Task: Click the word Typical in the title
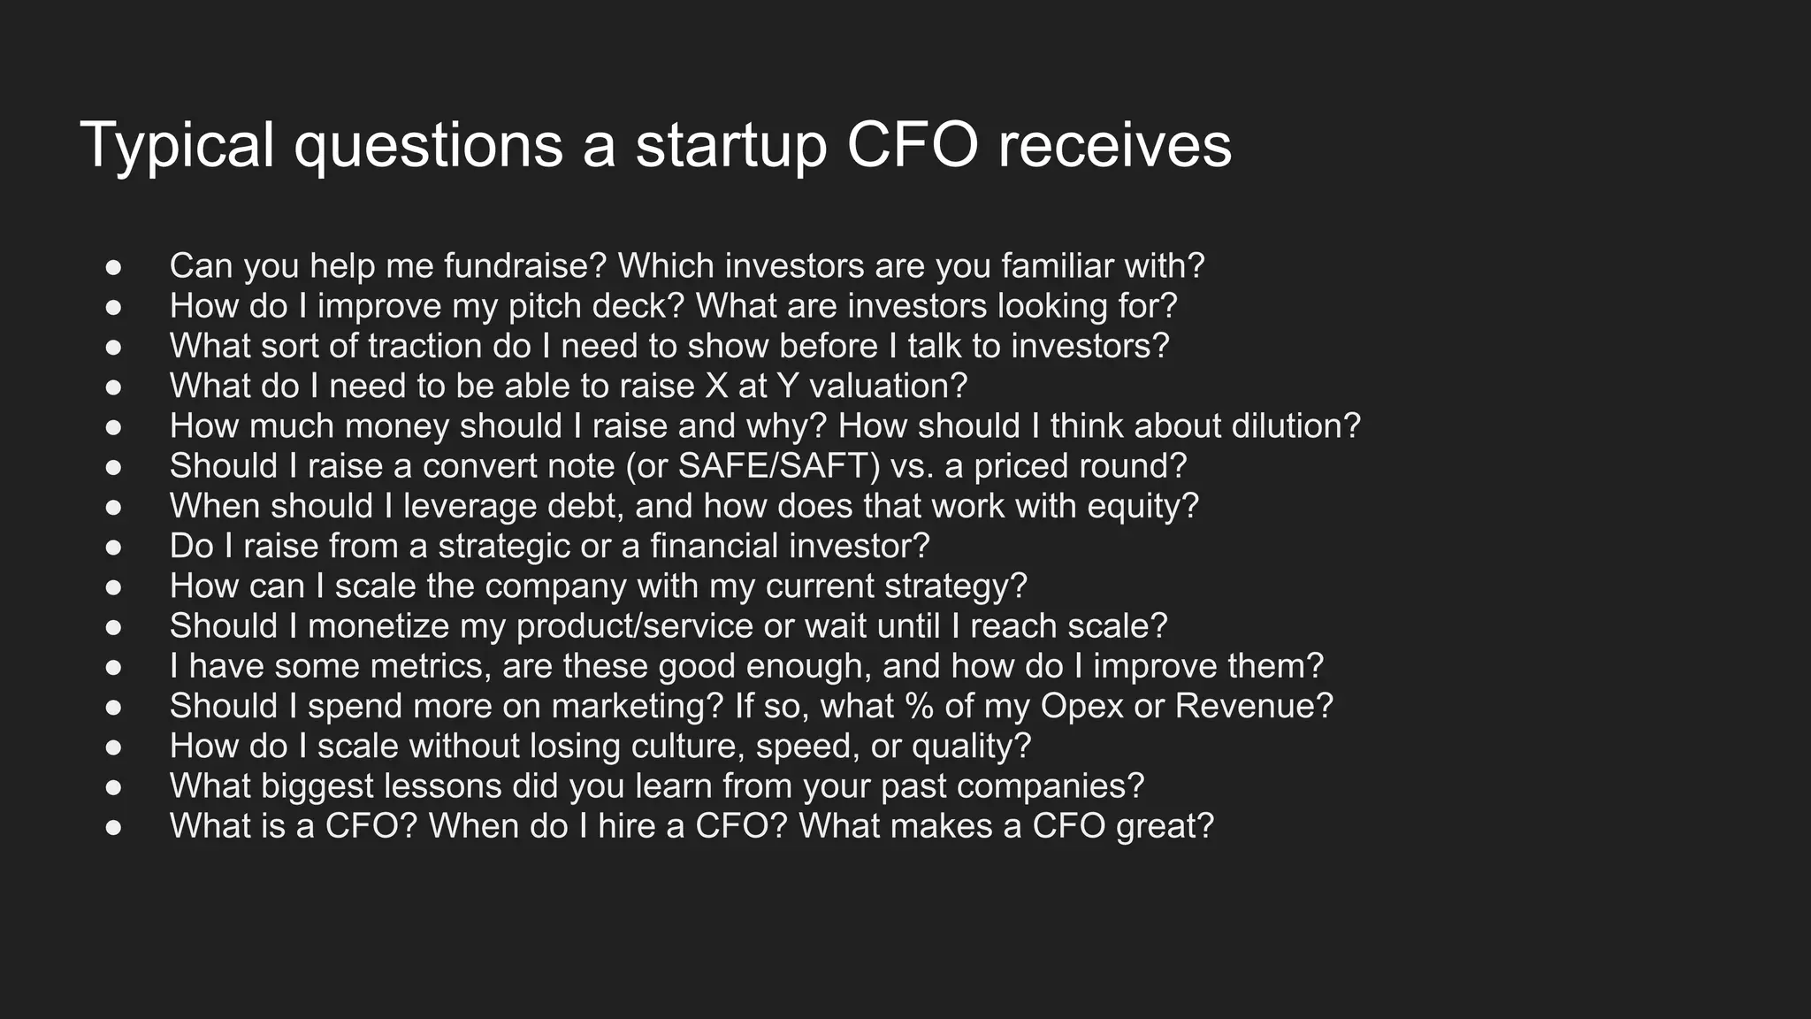pyautogui.click(x=177, y=146)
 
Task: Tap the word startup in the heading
pyautogui.click(x=730, y=146)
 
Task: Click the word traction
pyautogui.click(x=425, y=346)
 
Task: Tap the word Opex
pyautogui.click(x=1074, y=706)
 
